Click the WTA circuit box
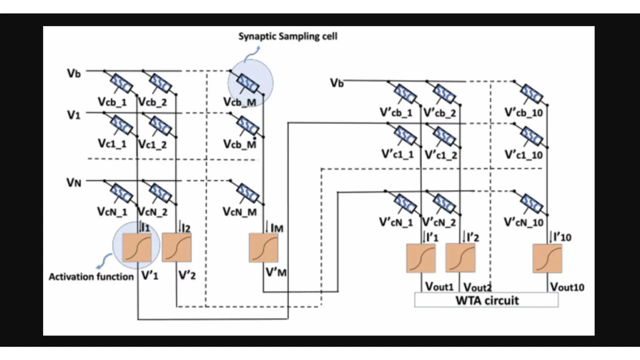tap(486, 300)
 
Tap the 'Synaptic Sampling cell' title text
tap(287, 36)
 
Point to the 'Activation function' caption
tap(91, 276)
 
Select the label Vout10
tap(567, 287)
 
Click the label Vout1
tap(439, 286)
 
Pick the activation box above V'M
tap(263, 247)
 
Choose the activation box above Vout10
tap(547, 258)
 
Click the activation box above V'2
tap(176, 247)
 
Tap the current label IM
tap(276, 228)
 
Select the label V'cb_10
tap(523, 112)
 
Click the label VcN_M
tap(240, 212)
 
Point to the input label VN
tap(73, 182)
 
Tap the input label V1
tap(73, 115)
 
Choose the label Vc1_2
tap(152, 144)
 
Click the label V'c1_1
tap(397, 154)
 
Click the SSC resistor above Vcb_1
tap(120, 84)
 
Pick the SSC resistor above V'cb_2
tap(443, 93)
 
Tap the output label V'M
tap(276, 273)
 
